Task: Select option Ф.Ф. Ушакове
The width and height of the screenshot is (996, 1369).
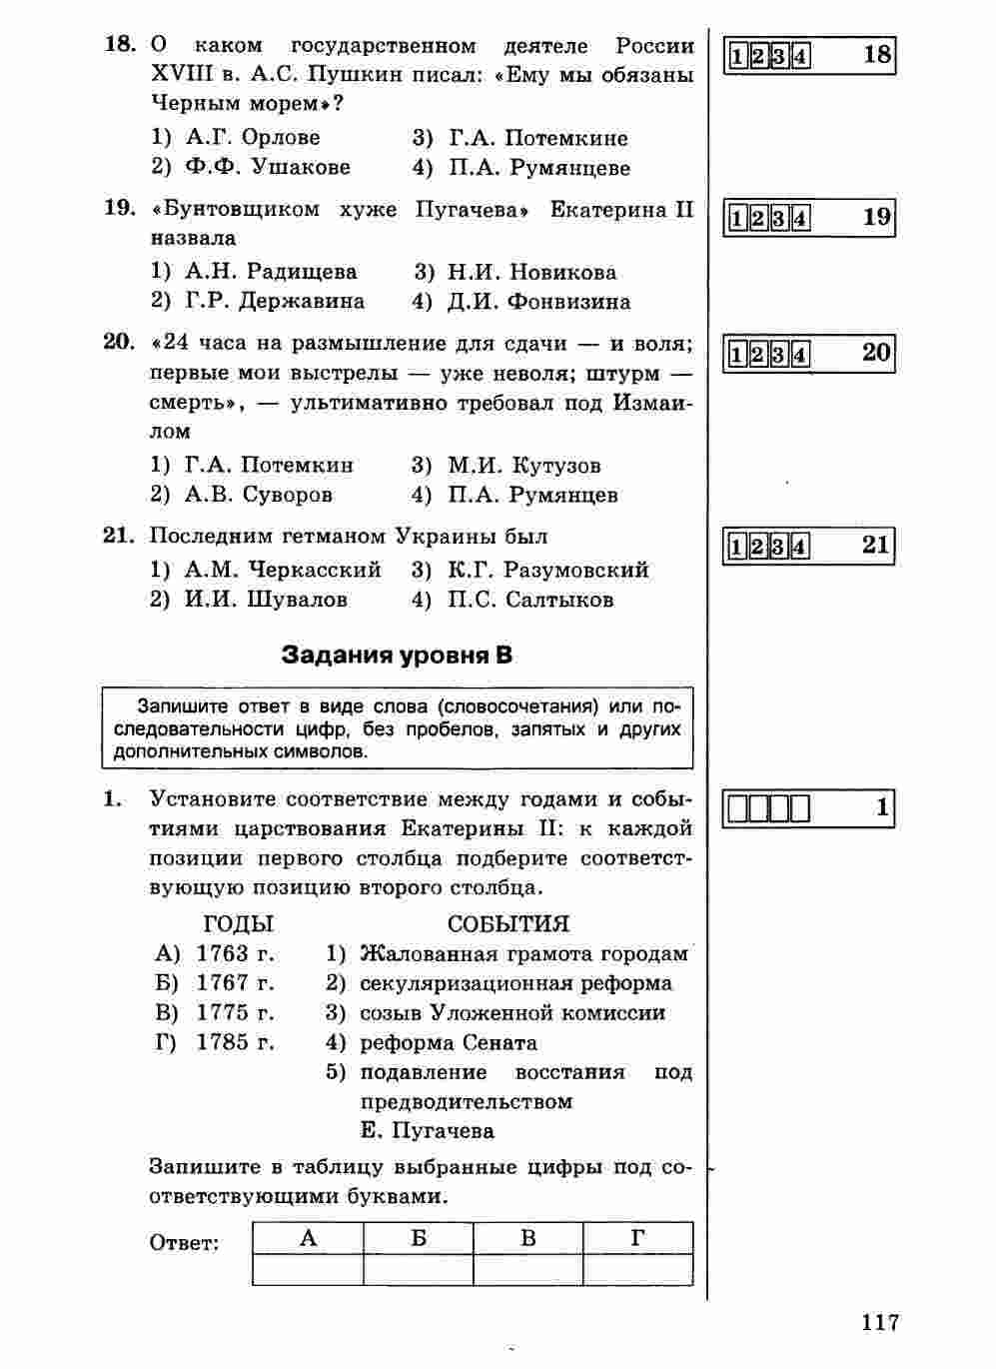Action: click(x=267, y=167)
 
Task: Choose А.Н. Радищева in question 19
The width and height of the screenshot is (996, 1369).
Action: click(x=271, y=272)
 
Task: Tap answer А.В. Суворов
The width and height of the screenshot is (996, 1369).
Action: click(x=259, y=494)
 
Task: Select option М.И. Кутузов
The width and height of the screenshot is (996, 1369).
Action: click(x=523, y=465)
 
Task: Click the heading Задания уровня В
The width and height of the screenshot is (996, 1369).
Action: click(x=397, y=656)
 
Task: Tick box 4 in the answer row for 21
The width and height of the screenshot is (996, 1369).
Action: click(x=800, y=547)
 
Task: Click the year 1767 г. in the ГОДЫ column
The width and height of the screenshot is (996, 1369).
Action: click(x=235, y=983)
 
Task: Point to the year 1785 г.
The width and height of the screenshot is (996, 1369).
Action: click(x=235, y=1042)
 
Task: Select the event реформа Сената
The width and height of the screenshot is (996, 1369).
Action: click(x=449, y=1042)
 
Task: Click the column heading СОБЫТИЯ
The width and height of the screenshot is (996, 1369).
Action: click(x=507, y=923)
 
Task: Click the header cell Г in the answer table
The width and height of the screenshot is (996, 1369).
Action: click(x=637, y=1238)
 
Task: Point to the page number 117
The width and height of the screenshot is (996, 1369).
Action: click(x=879, y=1323)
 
